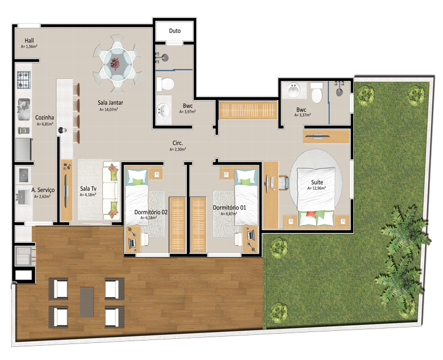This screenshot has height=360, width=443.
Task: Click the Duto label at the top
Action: [174, 31]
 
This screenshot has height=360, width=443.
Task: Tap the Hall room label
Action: [29, 41]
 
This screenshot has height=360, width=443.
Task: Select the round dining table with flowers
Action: [117, 65]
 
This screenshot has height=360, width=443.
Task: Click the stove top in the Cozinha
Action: [24, 80]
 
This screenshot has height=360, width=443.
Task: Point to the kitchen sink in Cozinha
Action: [24, 109]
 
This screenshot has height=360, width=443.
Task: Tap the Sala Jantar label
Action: [110, 102]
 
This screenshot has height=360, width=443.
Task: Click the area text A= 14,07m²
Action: [109, 110]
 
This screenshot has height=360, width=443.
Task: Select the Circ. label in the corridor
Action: [178, 143]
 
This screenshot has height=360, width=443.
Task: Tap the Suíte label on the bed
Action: [317, 182]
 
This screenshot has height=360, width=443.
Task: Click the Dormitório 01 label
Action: [229, 208]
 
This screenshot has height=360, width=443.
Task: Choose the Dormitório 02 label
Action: [151, 212]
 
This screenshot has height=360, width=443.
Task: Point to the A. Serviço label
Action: [43, 190]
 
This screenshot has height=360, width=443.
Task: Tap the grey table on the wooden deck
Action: [87, 302]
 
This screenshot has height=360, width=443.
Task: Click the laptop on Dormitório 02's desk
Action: [132, 242]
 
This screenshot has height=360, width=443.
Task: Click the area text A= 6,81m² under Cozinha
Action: [45, 124]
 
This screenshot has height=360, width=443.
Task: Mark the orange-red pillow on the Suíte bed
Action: [311, 214]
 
